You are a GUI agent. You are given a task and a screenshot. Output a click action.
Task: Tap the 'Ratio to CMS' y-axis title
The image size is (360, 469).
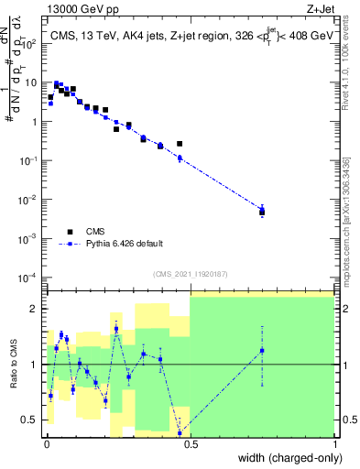point(12,364)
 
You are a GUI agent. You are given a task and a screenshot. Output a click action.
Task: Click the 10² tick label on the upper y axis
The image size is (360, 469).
point(30,42)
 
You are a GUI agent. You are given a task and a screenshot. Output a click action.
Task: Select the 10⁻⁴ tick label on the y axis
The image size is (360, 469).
point(29,277)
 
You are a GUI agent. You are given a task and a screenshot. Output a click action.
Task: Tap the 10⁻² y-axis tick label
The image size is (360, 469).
point(29,199)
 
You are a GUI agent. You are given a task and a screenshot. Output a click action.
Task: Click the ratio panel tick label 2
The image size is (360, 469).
point(35,309)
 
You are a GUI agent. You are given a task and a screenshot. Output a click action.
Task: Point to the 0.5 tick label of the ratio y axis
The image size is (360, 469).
point(31,420)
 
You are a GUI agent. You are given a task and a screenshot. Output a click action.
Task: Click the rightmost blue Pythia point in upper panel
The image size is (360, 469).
point(262,211)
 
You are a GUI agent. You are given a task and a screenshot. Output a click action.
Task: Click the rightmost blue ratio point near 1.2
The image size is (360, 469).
point(262,351)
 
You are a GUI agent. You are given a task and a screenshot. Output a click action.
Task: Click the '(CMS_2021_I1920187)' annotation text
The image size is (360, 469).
point(190,273)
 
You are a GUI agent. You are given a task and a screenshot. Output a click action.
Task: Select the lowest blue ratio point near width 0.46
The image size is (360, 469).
point(180,432)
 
